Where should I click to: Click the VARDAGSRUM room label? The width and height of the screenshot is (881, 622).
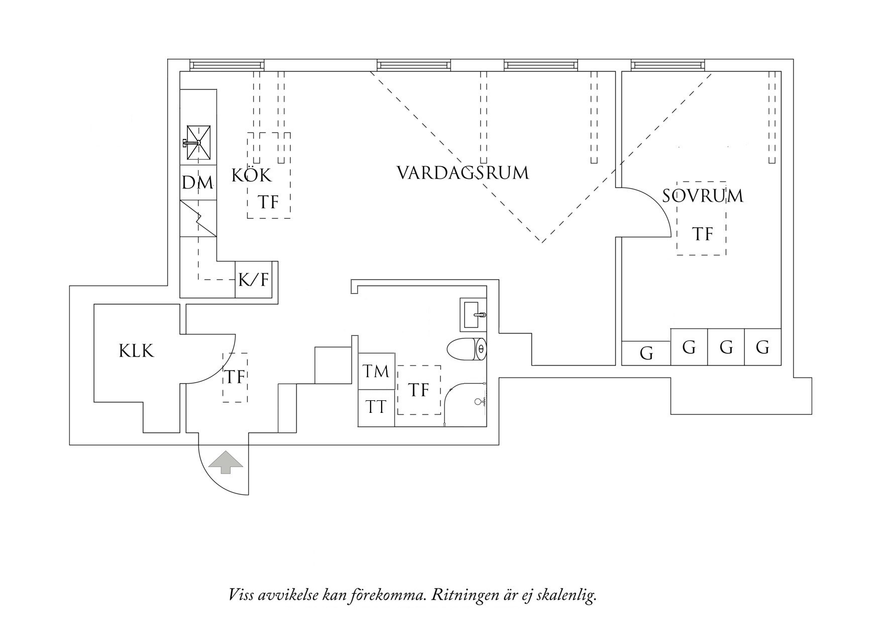point(463,173)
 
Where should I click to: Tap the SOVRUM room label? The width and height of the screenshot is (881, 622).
point(702,196)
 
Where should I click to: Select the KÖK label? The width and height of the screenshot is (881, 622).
point(251,176)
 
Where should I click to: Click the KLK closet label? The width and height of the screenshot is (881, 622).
point(136,351)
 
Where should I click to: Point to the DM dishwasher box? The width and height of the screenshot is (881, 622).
point(198,183)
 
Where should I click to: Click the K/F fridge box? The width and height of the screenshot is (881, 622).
point(254,280)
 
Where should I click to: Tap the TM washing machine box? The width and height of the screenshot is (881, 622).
point(376,371)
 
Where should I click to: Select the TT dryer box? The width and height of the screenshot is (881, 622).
point(376,407)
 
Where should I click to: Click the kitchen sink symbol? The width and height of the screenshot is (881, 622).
point(198,142)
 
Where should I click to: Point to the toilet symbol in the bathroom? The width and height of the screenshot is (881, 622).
point(467,349)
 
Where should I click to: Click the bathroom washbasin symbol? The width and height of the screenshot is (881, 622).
point(473,315)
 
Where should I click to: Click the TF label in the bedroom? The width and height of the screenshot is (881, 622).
point(702,234)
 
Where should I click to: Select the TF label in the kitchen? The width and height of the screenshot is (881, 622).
point(268,202)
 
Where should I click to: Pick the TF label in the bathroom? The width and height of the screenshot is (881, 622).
point(418,390)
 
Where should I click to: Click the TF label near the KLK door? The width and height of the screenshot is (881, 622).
point(235,377)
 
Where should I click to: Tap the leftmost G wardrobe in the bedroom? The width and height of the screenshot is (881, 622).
point(646,354)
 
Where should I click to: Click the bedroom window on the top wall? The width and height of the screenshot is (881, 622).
point(668,65)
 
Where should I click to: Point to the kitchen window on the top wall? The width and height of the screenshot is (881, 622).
point(227,65)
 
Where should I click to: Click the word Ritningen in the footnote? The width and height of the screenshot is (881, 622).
point(463,595)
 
